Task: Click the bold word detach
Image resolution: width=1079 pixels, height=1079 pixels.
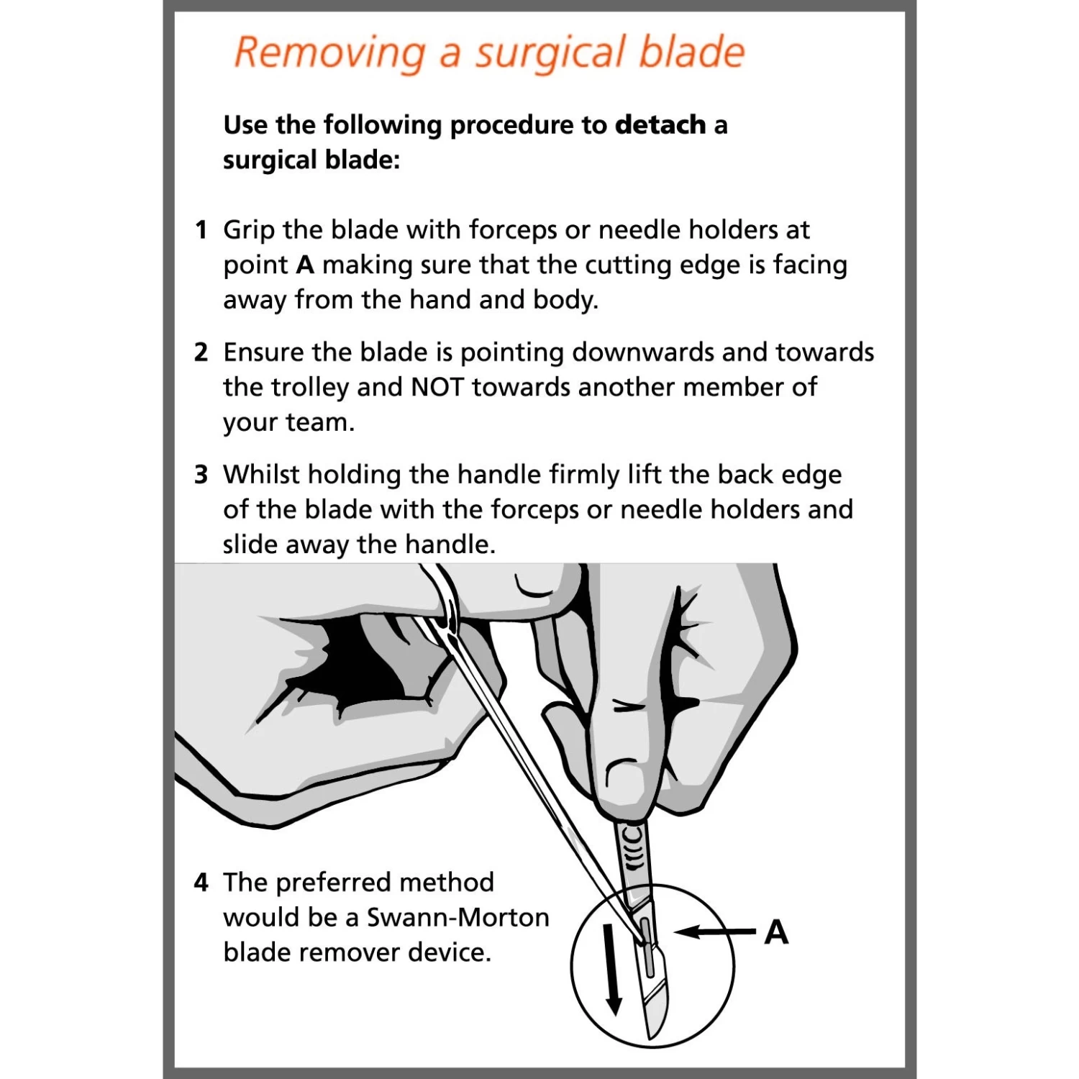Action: tap(660, 124)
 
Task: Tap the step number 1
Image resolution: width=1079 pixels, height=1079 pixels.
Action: tap(201, 230)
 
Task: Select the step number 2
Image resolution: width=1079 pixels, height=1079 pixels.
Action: tap(201, 352)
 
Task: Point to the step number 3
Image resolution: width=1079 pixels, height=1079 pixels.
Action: tap(201, 475)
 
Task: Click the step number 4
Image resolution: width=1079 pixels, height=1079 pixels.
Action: tap(201, 883)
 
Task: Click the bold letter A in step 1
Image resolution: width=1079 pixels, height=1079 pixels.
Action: tap(305, 265)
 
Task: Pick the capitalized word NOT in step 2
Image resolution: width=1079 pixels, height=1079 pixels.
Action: tap(438, 387)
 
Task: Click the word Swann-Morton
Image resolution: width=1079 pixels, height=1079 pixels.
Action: tap(458, 918)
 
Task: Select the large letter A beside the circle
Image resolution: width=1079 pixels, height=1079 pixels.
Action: tap(776, 932)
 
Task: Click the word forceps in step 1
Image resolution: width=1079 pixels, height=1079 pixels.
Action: tap(513, 230)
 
